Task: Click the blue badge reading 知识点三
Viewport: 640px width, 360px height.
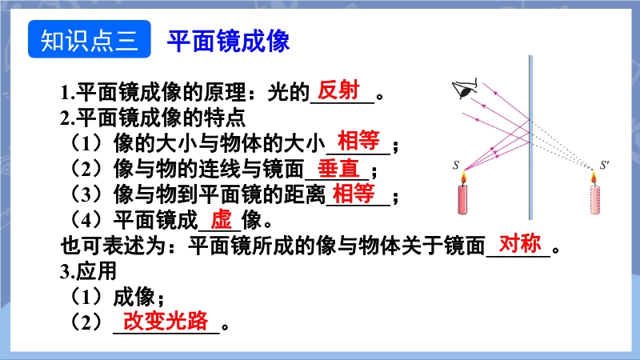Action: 90,39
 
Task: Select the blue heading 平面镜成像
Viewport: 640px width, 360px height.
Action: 228,41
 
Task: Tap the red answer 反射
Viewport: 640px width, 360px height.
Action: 338,90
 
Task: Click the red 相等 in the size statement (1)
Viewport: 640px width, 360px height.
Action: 358,141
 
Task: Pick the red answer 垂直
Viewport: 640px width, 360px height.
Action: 338,168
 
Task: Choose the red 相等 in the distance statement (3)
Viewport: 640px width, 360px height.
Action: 354,193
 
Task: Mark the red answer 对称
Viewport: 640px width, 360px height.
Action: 520,244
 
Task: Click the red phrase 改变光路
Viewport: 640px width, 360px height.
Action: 166,321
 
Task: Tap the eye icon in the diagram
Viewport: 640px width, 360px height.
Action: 465,89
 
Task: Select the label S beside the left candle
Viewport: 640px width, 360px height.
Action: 456,165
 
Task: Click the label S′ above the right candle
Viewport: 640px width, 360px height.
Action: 605,165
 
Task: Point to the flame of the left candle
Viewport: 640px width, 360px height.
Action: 463,178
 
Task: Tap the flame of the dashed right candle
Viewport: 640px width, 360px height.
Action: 594,178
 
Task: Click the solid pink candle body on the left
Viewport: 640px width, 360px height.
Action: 462,199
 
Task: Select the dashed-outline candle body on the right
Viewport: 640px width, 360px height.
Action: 595,199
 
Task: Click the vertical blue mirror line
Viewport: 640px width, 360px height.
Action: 530,137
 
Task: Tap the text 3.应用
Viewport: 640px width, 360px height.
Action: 89,271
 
